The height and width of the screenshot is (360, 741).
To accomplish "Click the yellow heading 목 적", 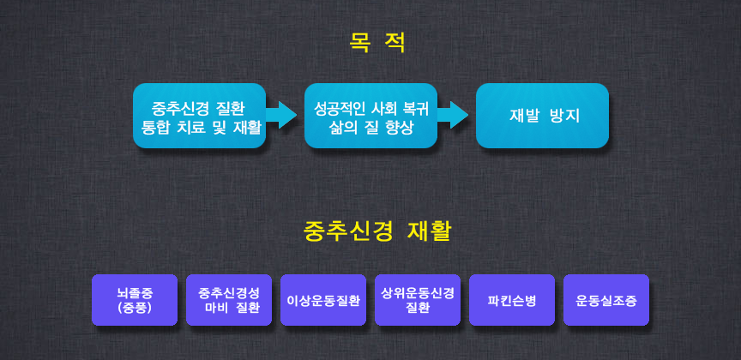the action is pos(377,43).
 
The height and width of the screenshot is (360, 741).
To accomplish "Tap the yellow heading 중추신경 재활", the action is pos(377,231).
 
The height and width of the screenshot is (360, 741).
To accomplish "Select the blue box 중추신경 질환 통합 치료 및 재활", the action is pos(199,116).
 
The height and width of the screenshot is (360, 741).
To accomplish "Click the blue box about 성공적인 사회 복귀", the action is pos(370,116).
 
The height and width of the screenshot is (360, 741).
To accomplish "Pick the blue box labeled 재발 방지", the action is pos(542,116).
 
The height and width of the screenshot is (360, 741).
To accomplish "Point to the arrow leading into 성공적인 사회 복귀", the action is pos(281,115).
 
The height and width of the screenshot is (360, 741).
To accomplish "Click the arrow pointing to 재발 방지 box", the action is pos(453,115).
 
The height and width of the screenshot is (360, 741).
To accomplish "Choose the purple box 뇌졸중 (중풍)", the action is pos(135,300).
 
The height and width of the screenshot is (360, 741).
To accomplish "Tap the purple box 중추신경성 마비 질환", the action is pos(229,300).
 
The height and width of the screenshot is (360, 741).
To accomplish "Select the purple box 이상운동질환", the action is pos(323,300).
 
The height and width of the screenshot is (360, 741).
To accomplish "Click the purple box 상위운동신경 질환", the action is pos(418,300).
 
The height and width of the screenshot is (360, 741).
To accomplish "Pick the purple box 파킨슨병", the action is pos(512,300).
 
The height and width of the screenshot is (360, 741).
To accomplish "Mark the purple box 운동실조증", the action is pos(606,300).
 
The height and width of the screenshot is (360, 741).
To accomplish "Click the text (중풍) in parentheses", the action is pos(135,308).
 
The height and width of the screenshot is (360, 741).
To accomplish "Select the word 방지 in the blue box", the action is pos(564,116).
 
